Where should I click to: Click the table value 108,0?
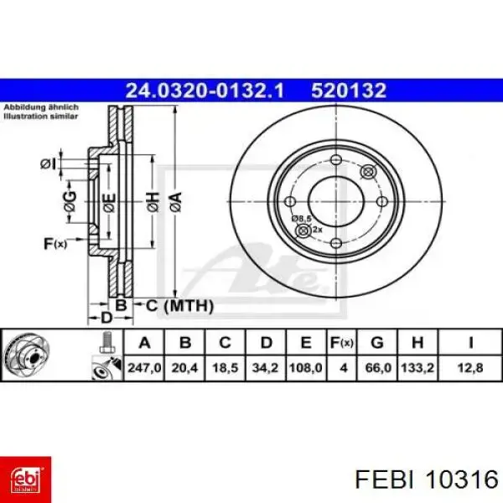[x=306, y=367]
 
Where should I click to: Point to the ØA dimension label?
[x=174, y=201]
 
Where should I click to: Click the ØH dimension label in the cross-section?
[x=151, y=201]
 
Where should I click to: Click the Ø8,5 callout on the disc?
[x=301, y=219]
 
